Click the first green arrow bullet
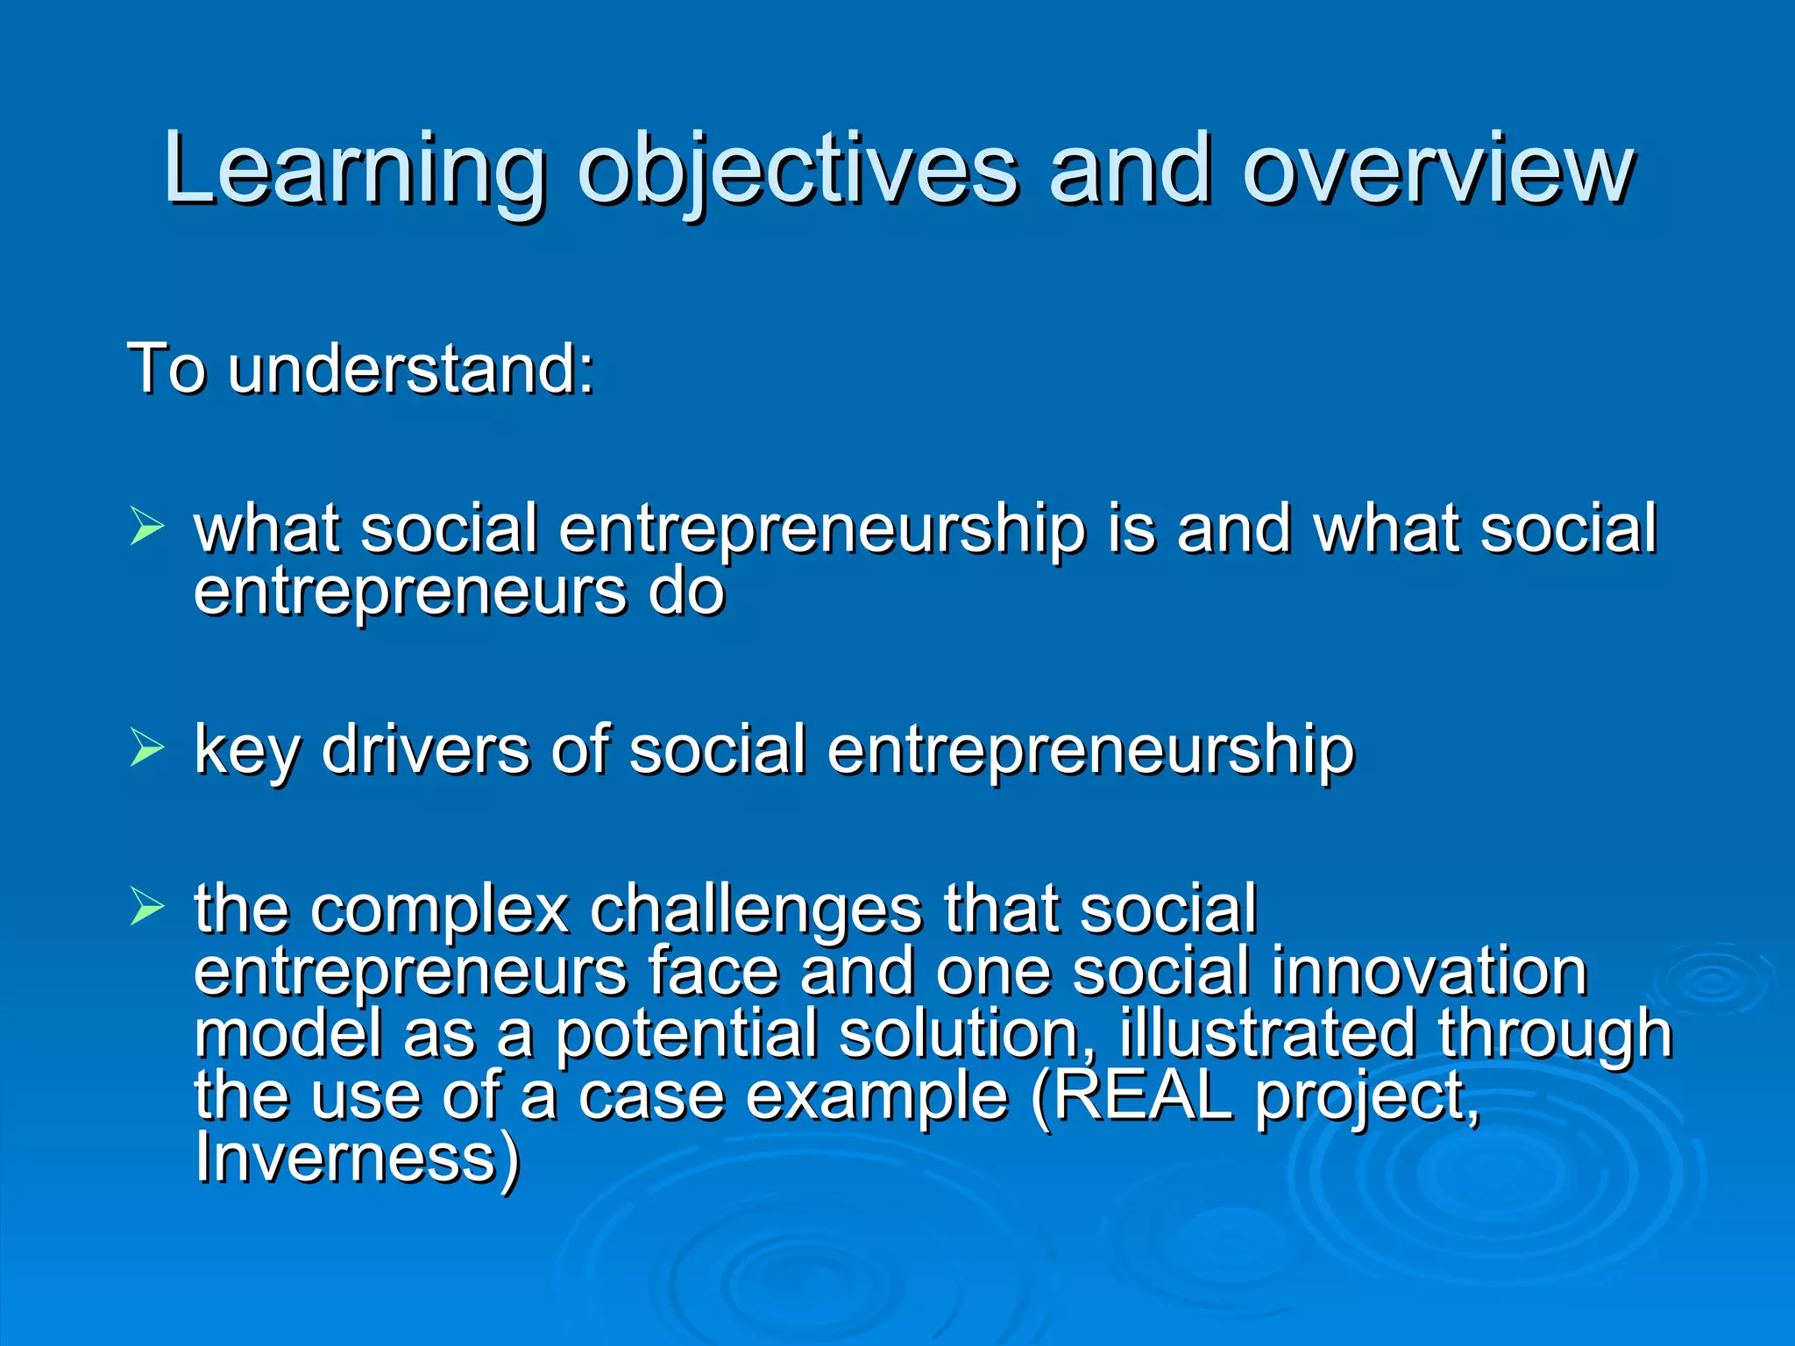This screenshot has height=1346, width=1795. pyautogui.click(x=147, y=526)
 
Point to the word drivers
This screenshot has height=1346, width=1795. pyautogui.click(x=426, y=750)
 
